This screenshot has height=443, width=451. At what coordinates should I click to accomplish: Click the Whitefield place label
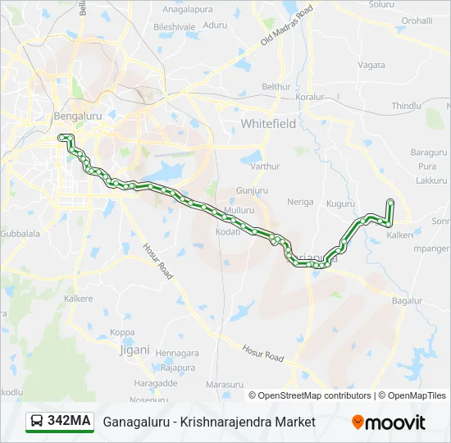pos(267,123)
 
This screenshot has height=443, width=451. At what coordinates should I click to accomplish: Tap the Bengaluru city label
pos(77,116)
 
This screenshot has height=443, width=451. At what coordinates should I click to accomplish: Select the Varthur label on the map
pos(265,166)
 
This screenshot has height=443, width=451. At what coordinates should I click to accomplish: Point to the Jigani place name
pos(135,349)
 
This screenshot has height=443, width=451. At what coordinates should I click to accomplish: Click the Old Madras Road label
pos(287,25)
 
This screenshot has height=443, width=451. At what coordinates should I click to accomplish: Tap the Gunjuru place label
pos(252,190)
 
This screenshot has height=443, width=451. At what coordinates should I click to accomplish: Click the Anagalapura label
pos(188,9)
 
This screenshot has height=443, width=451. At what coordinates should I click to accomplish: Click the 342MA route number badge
pos(60,421)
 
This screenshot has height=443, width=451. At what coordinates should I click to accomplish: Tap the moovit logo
pos(389,422)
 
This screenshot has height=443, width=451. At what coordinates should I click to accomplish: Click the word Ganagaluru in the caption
pos(136,422)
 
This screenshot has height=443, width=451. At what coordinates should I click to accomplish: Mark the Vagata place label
pos(371,65)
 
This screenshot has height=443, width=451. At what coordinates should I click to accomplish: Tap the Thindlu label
pos(406,106)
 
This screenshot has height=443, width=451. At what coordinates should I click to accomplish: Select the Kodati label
pos(228,232)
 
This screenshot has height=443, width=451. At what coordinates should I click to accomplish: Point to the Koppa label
pos(122,332)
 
